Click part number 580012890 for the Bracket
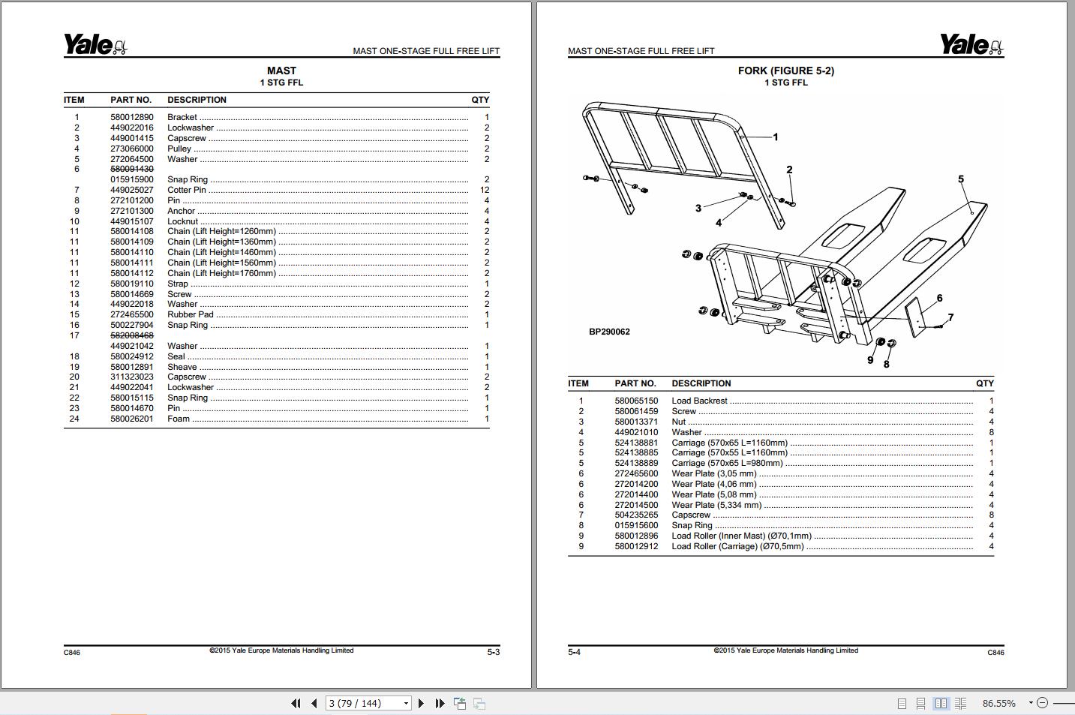point(131,117)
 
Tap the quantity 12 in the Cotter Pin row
point(484,190)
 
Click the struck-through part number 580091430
point(131,170)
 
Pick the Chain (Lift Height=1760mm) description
point(221,273)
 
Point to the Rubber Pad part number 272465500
point(131,314)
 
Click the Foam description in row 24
point(179,419)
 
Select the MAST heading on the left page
point(281,71)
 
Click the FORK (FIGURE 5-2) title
point(785,71)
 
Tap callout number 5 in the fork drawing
point(960,179)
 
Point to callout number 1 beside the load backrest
point(775,137)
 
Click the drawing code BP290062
point(609,332)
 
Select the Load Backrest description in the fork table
point(699,401)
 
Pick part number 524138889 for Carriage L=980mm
point(635,463)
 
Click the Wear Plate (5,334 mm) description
point(716,505)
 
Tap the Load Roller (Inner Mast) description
point(741,536)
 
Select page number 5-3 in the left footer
point(493,652)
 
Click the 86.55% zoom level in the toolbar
point(998,703)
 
